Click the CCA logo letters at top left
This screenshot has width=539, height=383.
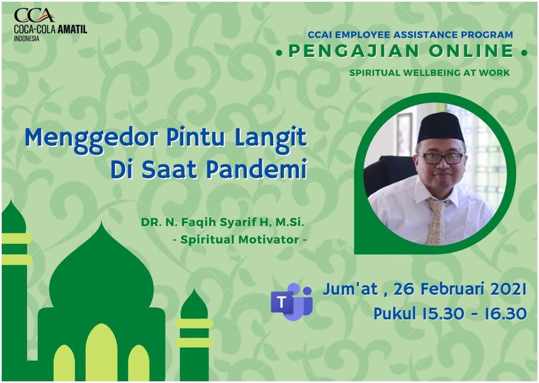pyautogui.click(x=34, y=16)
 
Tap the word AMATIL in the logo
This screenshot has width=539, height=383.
pyautogui.click(x=72, y=29)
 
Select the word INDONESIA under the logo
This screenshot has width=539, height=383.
pyautogui.click(x=26, y=38)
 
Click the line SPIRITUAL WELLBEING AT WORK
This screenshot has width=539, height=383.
pyautogui.click(x=429, y=73)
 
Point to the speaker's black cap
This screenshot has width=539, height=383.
pyautogui.click(x=440, y=128)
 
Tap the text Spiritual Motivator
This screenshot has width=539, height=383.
pyautogui.click(x=240, y=240)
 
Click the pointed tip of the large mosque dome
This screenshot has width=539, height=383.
pyautogui.click(x=101, y=222)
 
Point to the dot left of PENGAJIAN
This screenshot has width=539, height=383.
pyautogui.click(x=279, y=53)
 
